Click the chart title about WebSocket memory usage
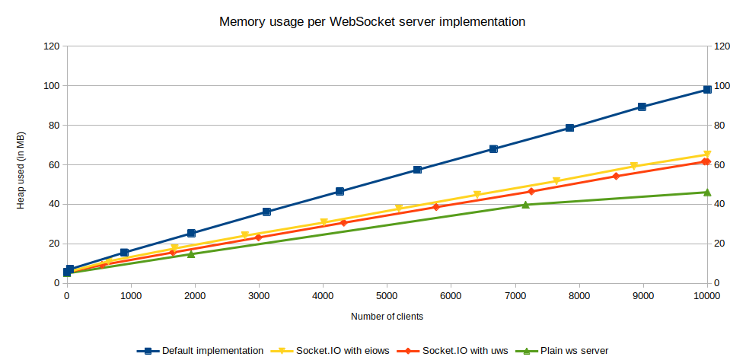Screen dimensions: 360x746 372,22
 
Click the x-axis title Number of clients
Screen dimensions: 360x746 387,316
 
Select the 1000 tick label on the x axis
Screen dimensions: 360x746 131,296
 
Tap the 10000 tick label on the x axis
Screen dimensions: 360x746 707,296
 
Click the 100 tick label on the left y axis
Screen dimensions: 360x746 52,85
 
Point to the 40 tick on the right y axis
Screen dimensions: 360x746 719,204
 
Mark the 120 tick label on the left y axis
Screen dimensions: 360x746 52,46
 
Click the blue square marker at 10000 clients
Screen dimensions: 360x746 707,90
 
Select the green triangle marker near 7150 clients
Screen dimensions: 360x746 525,204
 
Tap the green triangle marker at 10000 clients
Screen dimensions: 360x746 707,192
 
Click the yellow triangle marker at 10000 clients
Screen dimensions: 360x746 707,155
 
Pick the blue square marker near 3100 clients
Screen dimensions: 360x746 266,212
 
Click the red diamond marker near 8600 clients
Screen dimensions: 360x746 617,176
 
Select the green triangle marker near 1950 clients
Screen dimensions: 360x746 191,253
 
